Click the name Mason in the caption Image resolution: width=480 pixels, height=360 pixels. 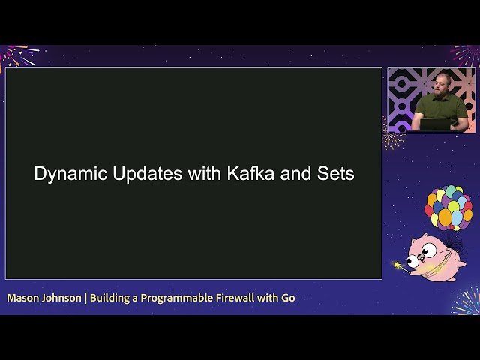click(x=23, y=298)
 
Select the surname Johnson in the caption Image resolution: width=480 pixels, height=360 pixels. click(x=62, y=298)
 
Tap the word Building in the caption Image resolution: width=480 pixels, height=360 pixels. click(x=109, y=298)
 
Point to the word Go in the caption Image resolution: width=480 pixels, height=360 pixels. click(x=288, y=298)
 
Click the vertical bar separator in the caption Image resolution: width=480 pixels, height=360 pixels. click(x=85, y=298)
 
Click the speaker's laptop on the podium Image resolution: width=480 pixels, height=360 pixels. click(x=436, y=124)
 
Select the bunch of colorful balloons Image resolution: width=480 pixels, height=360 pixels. click(x=448, y=207)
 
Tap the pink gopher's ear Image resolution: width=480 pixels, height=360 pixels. click(x=434, y=238)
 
